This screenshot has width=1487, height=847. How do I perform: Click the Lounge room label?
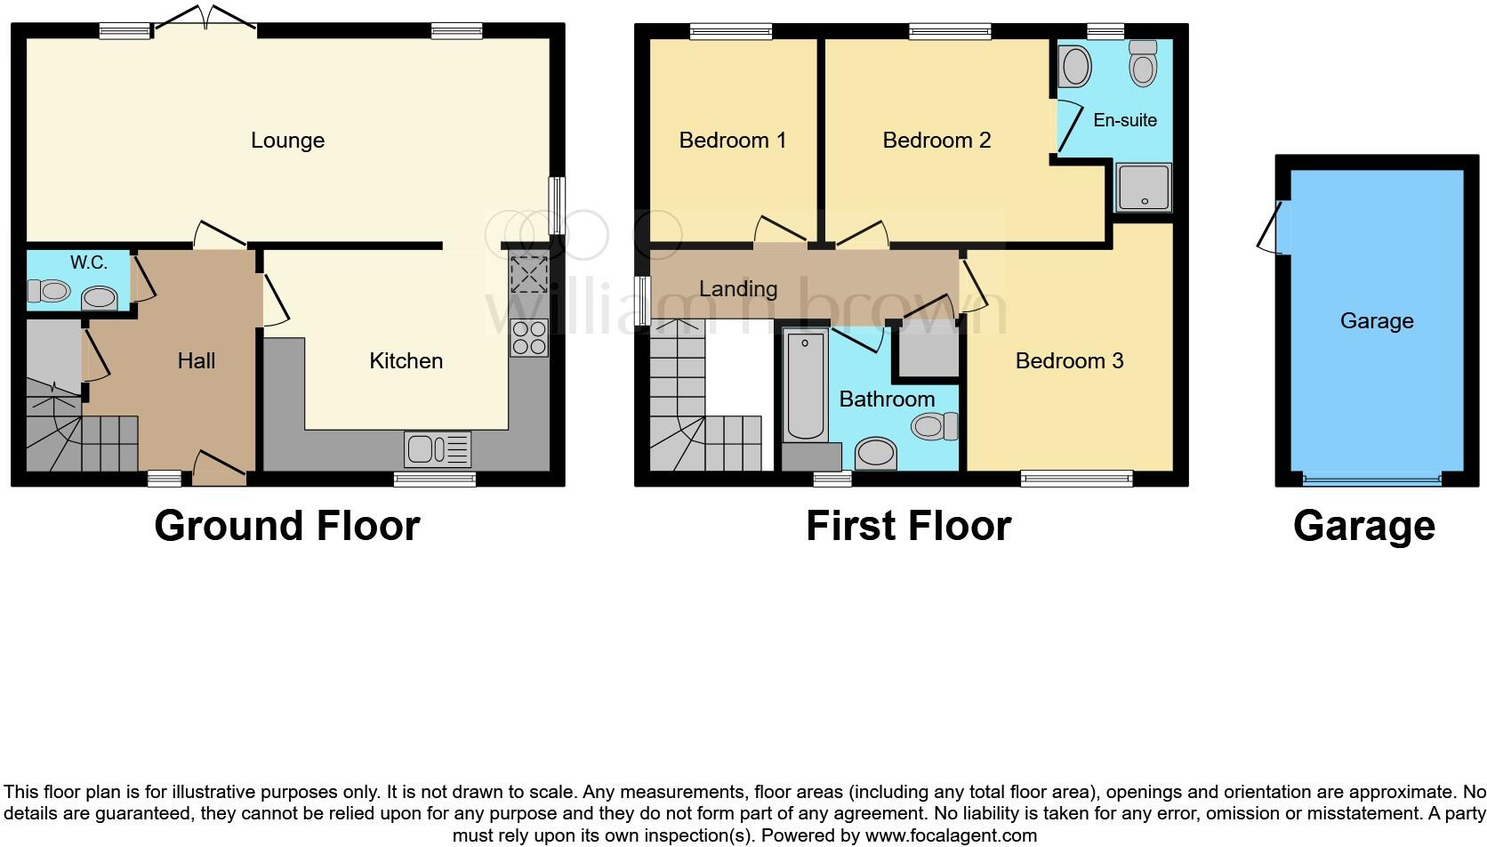point(287,141)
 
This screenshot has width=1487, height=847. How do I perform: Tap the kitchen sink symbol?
point(437,449)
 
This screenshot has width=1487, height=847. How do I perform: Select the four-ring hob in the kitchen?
point(528,338)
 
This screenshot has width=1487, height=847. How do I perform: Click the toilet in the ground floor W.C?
point(49,290)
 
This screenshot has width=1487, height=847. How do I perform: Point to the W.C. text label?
point(89,262)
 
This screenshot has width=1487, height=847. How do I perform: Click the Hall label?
point(197,360)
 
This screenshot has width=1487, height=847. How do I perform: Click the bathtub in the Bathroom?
point(805,385)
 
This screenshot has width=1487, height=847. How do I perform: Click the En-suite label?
point(1125,120)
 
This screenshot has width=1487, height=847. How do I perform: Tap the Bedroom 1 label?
point(732,141)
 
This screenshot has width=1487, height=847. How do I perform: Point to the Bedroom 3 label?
point(1069,360)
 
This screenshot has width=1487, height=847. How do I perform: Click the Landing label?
point(738,289)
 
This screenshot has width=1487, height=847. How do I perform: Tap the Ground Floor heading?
point(286,526)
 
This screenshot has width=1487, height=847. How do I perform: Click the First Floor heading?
point(908,526)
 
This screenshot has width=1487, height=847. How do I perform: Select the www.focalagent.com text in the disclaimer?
point(951,835)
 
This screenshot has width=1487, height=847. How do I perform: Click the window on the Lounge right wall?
point(557,206)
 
